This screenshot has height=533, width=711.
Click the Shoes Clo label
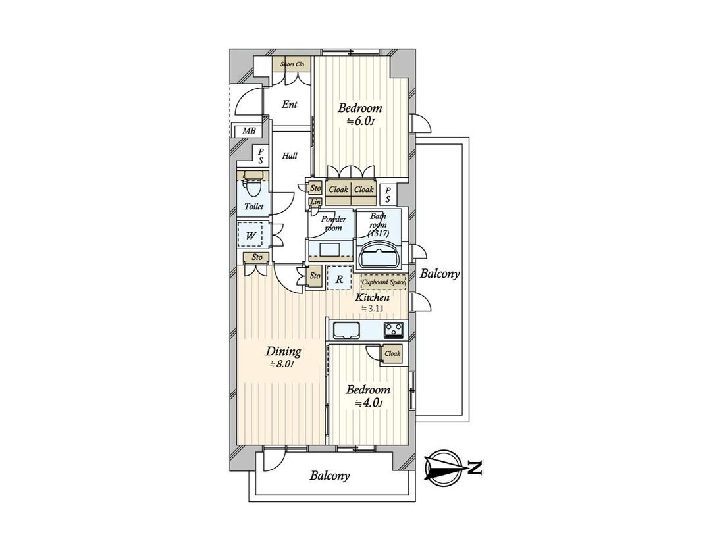click(292, 64)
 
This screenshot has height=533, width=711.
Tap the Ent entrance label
click(289, 104)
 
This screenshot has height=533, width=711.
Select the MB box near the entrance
click(248, 131)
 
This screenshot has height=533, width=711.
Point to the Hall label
click(289, 156)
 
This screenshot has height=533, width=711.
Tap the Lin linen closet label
click(315, 202)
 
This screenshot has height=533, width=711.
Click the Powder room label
click(333, 224)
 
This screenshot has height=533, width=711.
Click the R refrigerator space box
click(339, 278)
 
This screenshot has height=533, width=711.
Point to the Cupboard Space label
click(383, 282)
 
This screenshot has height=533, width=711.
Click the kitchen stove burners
click(395, 329)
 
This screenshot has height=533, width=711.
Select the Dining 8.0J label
click(284, 357)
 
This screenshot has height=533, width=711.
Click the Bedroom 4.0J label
click(369, 396)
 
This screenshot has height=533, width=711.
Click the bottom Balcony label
click(330, 476)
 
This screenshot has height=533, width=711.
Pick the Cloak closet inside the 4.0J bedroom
click(392, 353)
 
